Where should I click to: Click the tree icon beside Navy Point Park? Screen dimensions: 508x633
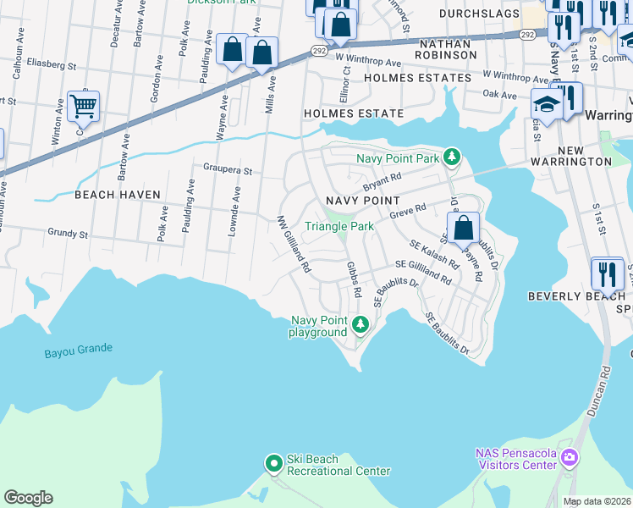pos(453,157)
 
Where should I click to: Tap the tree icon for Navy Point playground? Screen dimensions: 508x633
pos(361,324)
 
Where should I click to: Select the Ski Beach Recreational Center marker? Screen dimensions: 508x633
pos(273,463)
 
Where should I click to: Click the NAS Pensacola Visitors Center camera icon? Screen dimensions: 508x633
pos(570,457)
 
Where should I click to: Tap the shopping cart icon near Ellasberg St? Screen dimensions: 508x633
pos(83,108)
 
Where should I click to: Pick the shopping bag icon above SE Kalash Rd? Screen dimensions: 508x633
pos(463,228)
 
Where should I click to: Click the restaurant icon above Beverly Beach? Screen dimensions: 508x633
pos(607,273)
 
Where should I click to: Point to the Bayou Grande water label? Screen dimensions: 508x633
pos(79,349)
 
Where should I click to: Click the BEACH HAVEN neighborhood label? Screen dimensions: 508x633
pos(117,195)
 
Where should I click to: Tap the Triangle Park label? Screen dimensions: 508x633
pos(339,226)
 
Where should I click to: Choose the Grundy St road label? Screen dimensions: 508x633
pos(68,233)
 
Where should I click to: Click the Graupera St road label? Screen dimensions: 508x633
pos(227,170)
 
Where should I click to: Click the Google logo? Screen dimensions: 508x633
pos(28,498)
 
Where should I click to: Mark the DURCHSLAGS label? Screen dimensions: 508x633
pos(476,14)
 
